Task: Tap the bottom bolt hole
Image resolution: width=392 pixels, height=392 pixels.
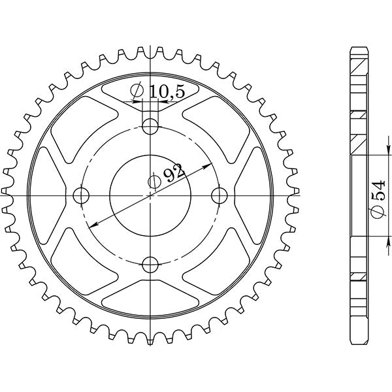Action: click(x=151, y=265)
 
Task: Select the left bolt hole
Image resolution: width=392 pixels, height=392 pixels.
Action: click(x=81, y=195)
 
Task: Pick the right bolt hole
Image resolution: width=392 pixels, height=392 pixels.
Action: click(x=221, y=195)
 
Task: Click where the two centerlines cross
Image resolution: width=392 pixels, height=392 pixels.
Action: click(x=151, y=195)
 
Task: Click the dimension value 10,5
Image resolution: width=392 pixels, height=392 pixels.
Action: click(x=167, y=93)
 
